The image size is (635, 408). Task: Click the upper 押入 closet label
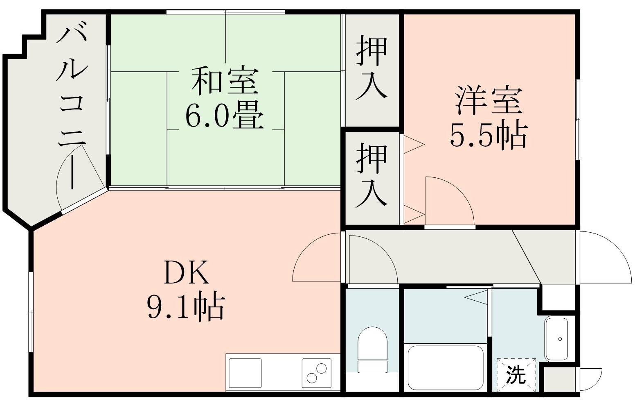coord(371,68)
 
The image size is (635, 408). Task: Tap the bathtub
coord(445,368)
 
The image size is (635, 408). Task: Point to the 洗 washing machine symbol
coord(516,374)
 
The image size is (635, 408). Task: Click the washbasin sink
coord(556,339)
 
